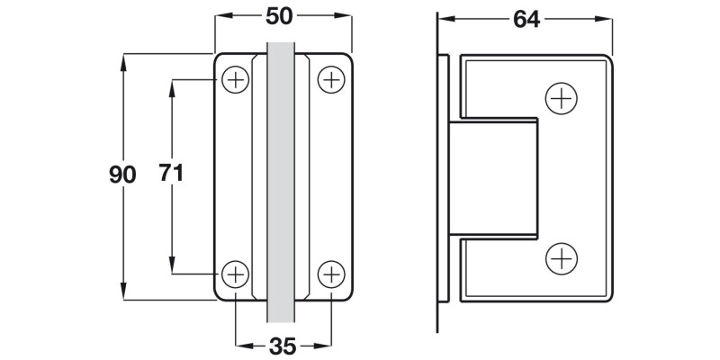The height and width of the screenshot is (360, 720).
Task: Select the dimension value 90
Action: click(121, 174)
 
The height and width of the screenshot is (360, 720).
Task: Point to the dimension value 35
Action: click(283, 345)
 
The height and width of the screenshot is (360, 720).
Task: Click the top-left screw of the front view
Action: click(236, 80)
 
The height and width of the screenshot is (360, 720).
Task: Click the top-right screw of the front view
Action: click(331, 80)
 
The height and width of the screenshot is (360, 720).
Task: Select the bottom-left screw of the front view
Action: click(236, 273)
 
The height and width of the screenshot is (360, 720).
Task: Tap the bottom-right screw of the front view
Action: click(331, 273)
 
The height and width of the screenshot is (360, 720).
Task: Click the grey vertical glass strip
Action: click(282, 180)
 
